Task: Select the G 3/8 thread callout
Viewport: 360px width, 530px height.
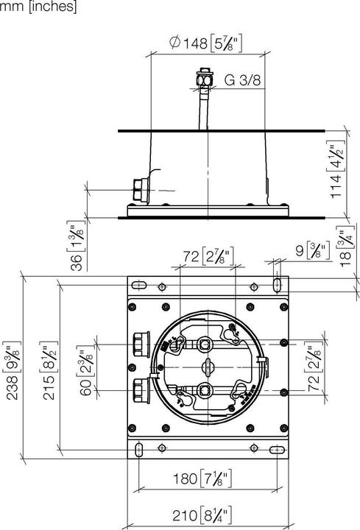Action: pos(242,80)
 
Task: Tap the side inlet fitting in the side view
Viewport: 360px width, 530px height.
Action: pos(140,190)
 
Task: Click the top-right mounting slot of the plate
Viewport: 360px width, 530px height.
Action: pos(275,284)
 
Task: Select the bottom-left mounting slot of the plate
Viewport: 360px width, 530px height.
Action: pos(139,448)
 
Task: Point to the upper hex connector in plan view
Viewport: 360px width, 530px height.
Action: pos(140,344)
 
